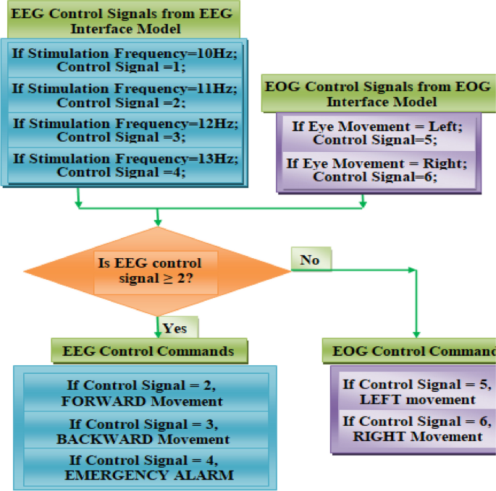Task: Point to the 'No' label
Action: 310,260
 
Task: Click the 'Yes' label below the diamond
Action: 175,328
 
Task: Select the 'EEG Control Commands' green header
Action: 149,351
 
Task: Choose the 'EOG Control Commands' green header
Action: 409,352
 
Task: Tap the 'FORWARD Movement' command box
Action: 145,393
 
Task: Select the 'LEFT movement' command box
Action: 414,391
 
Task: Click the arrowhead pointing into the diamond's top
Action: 157,221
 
